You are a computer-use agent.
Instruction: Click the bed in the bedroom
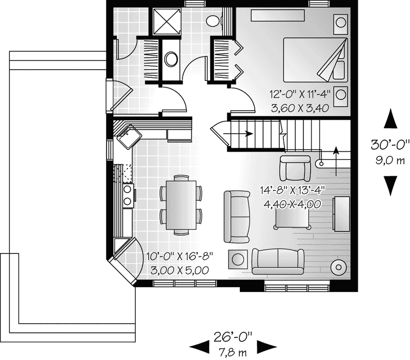(314, 59)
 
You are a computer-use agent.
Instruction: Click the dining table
(180, 203)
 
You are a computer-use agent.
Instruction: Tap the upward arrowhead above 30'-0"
(391, 119)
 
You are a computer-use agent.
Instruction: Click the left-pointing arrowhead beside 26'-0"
(199, 346)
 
